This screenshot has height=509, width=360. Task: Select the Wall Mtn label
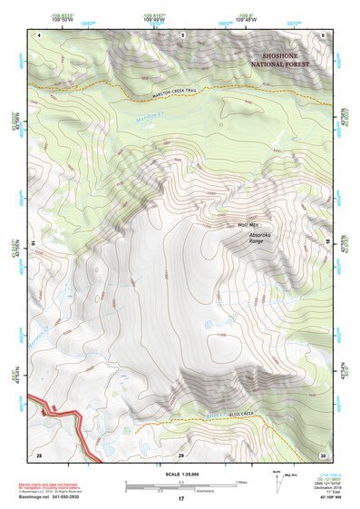point(248,225)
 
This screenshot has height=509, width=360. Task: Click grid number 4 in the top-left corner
point(40,34)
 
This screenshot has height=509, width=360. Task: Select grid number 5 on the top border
point(182,34)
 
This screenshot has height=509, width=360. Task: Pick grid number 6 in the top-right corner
point(323,34)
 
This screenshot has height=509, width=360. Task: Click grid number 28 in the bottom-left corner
point(39,453)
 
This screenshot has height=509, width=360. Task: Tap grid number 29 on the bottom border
point(180,453)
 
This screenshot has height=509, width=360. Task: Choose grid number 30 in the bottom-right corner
point(322,453)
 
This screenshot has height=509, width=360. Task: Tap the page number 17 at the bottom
point(180,499)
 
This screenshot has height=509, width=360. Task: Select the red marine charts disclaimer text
point(60,485)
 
